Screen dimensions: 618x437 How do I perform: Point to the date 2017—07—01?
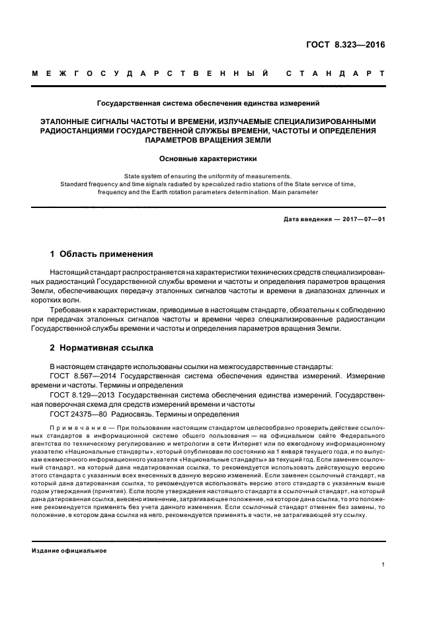tap(362, 218)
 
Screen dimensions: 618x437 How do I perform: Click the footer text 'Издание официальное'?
tap(69, 550)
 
